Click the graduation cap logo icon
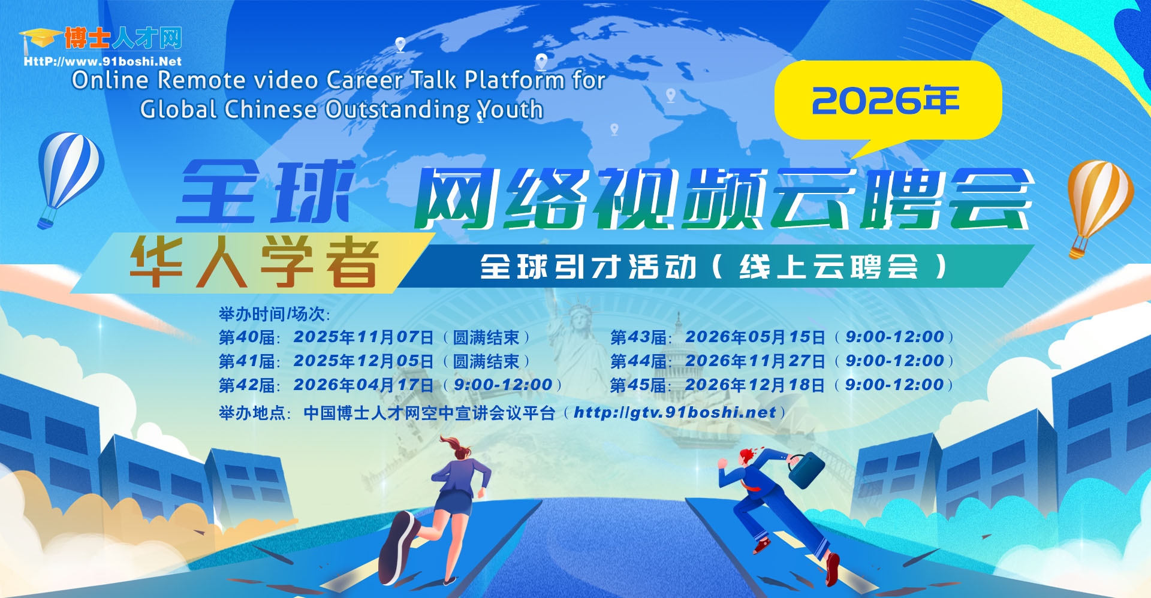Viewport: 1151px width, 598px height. tap(40, 40)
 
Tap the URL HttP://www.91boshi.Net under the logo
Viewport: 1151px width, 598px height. tap(103, 61)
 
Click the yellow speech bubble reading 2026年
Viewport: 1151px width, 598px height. tap(887, 102)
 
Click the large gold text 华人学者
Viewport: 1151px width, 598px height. tap(254, 262)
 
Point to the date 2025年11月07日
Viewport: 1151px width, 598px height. tap(363, 337)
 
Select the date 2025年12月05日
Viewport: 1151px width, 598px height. tap(363, 361)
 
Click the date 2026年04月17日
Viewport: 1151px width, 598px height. tap(363, 385)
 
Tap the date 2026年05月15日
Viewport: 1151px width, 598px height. tap(755, 337)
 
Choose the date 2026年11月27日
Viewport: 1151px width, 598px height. tap(755, 361)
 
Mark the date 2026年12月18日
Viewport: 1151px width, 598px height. tap(755, 385)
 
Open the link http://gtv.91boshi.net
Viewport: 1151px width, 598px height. tap(675, 413)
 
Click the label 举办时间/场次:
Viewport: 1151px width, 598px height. tap(275, 314)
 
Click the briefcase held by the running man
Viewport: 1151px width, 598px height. tap(806, 471)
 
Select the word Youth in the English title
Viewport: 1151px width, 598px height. tap(510, 110)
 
